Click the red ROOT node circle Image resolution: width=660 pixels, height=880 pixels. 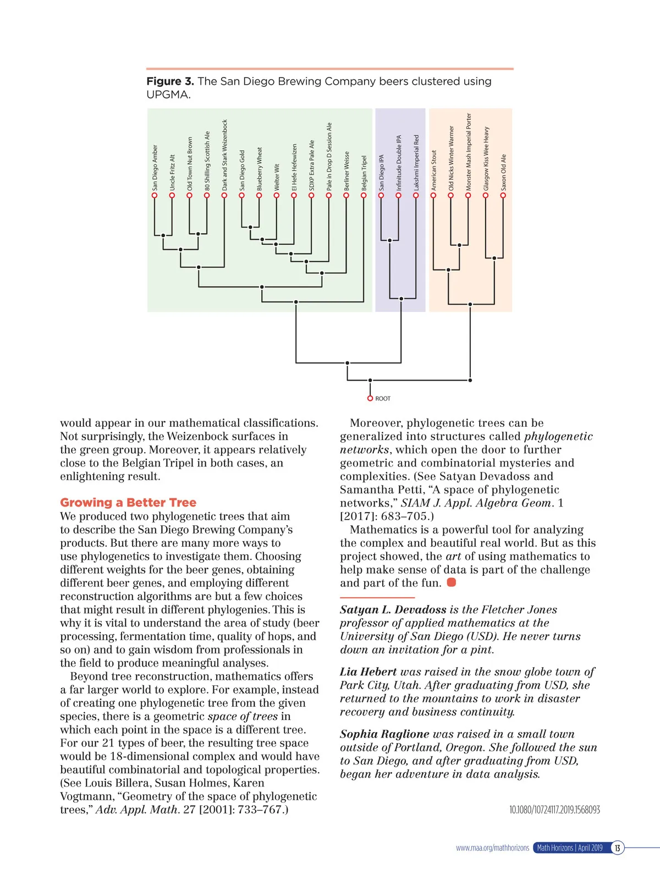(370, 399)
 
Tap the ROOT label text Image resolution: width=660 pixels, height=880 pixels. (383, 399)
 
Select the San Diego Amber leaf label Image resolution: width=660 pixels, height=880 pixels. (155, 168)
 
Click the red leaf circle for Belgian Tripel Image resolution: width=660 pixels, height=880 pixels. (364, 195)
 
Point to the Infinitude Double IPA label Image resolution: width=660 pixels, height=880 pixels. (399, 163)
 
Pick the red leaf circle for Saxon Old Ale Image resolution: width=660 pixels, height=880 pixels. (503, 195)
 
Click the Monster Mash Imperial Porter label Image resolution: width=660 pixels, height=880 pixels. (469, 152)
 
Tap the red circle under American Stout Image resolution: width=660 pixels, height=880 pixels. (433, 195)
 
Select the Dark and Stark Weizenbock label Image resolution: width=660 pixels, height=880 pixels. (224, 155)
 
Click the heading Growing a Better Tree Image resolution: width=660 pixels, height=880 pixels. (128, 503)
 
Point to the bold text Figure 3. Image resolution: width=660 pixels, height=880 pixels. (170, 81)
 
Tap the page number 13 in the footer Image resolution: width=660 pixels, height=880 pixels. (618, 848)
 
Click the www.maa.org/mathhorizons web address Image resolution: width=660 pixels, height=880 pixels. (492, 848)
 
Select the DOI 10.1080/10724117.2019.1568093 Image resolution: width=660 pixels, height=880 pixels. (554, 810)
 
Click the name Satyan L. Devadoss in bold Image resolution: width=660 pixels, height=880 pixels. (393, 609)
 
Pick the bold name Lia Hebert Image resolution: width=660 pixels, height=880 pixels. (368, 672)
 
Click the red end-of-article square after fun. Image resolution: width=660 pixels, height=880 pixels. (452, 582)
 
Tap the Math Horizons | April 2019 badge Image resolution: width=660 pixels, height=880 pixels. (570, 848)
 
